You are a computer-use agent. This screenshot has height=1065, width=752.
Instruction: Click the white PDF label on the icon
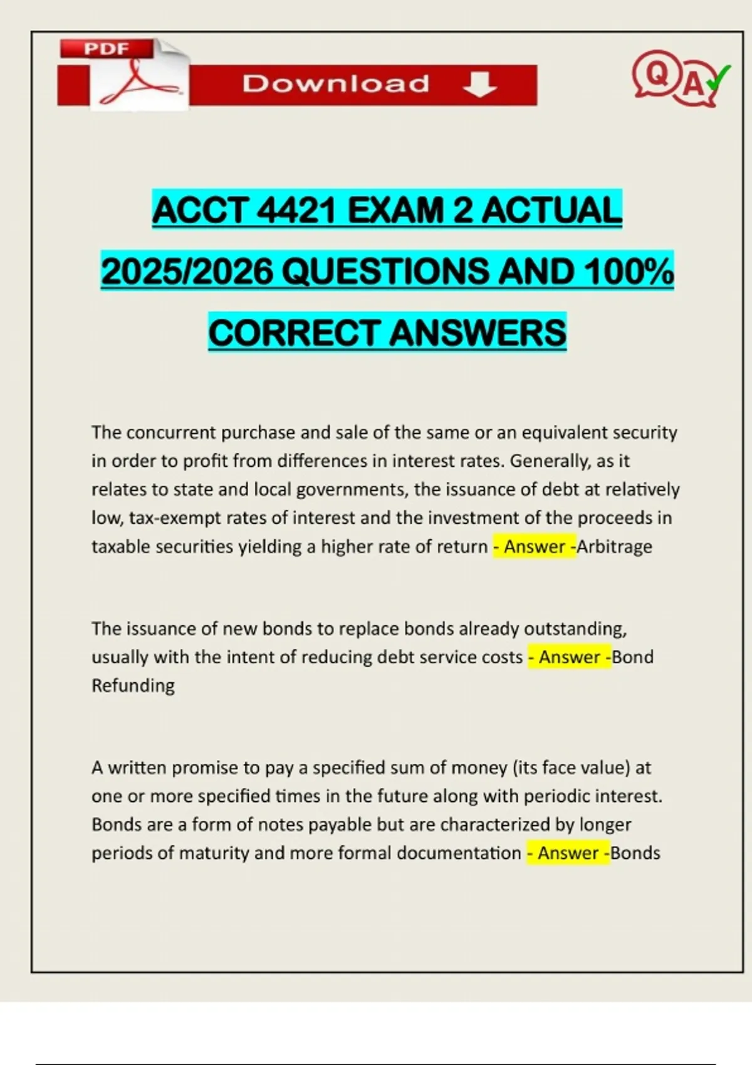106,49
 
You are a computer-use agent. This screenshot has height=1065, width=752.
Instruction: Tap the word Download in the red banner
336,83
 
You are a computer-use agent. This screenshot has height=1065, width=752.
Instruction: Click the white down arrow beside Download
480,84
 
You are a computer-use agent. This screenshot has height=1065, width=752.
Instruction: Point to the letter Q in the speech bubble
657,74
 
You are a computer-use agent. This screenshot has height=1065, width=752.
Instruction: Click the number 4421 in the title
298,210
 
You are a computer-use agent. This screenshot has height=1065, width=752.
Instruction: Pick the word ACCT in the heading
201,210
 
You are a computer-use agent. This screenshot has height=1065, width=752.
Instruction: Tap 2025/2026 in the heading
187,271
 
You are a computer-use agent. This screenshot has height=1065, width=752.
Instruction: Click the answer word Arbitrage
615,546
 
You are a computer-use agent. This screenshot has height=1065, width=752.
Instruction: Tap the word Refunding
133,685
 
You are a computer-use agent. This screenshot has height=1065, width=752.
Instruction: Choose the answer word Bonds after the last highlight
635,853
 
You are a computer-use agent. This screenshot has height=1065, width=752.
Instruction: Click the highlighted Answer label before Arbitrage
534,546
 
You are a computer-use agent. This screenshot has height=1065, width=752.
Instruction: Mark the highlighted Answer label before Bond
569,657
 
